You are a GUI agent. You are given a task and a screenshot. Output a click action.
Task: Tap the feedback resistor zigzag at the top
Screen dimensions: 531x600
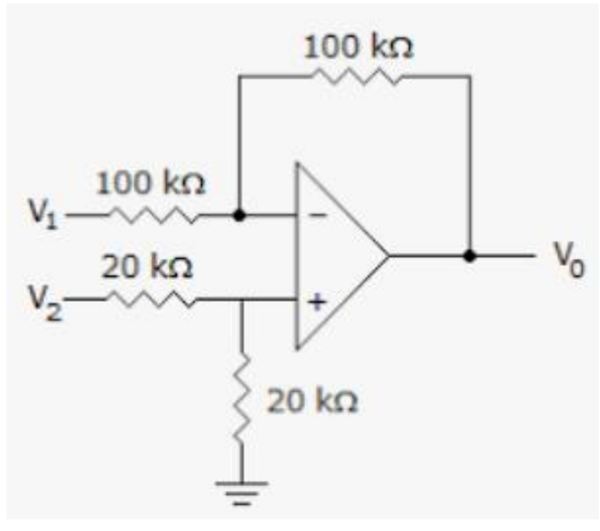pyautogui.click(x=355, y=76)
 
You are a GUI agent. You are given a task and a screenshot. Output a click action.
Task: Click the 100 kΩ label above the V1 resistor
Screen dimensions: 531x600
pyautogui.click(x=151, y=185)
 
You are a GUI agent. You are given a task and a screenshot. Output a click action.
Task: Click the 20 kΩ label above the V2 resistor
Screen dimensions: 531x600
pyautogui.click(x=147, y=269)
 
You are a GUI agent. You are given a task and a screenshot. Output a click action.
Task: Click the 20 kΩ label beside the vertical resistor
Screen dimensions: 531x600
pyautogui.click(x=312, y=402)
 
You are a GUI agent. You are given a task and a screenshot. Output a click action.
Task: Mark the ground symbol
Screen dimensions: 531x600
pyautogui.click(x=241, y=492)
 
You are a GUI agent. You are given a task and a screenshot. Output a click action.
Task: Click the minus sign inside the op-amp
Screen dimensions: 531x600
pyautogui.click(x=316, y=216)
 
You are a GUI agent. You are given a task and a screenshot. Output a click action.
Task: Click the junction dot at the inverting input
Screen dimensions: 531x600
pyautogui.click(x=238, y=215)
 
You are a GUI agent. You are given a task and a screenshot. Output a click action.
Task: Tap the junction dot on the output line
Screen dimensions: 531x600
pyautogui.click(x=469, y=256)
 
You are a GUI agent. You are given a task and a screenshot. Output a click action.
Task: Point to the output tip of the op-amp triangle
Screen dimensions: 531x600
pyautogui.click(x=388, y=256)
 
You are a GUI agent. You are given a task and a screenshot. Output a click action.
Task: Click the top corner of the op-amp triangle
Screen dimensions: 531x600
pyautogui.click(x=298, y=164)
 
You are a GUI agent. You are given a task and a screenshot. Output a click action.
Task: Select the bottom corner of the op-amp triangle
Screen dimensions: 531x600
pyautogui.click(x=298, y=349)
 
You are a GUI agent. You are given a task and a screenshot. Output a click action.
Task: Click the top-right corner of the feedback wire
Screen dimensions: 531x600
pyautogui.click(x=470, y=76)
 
